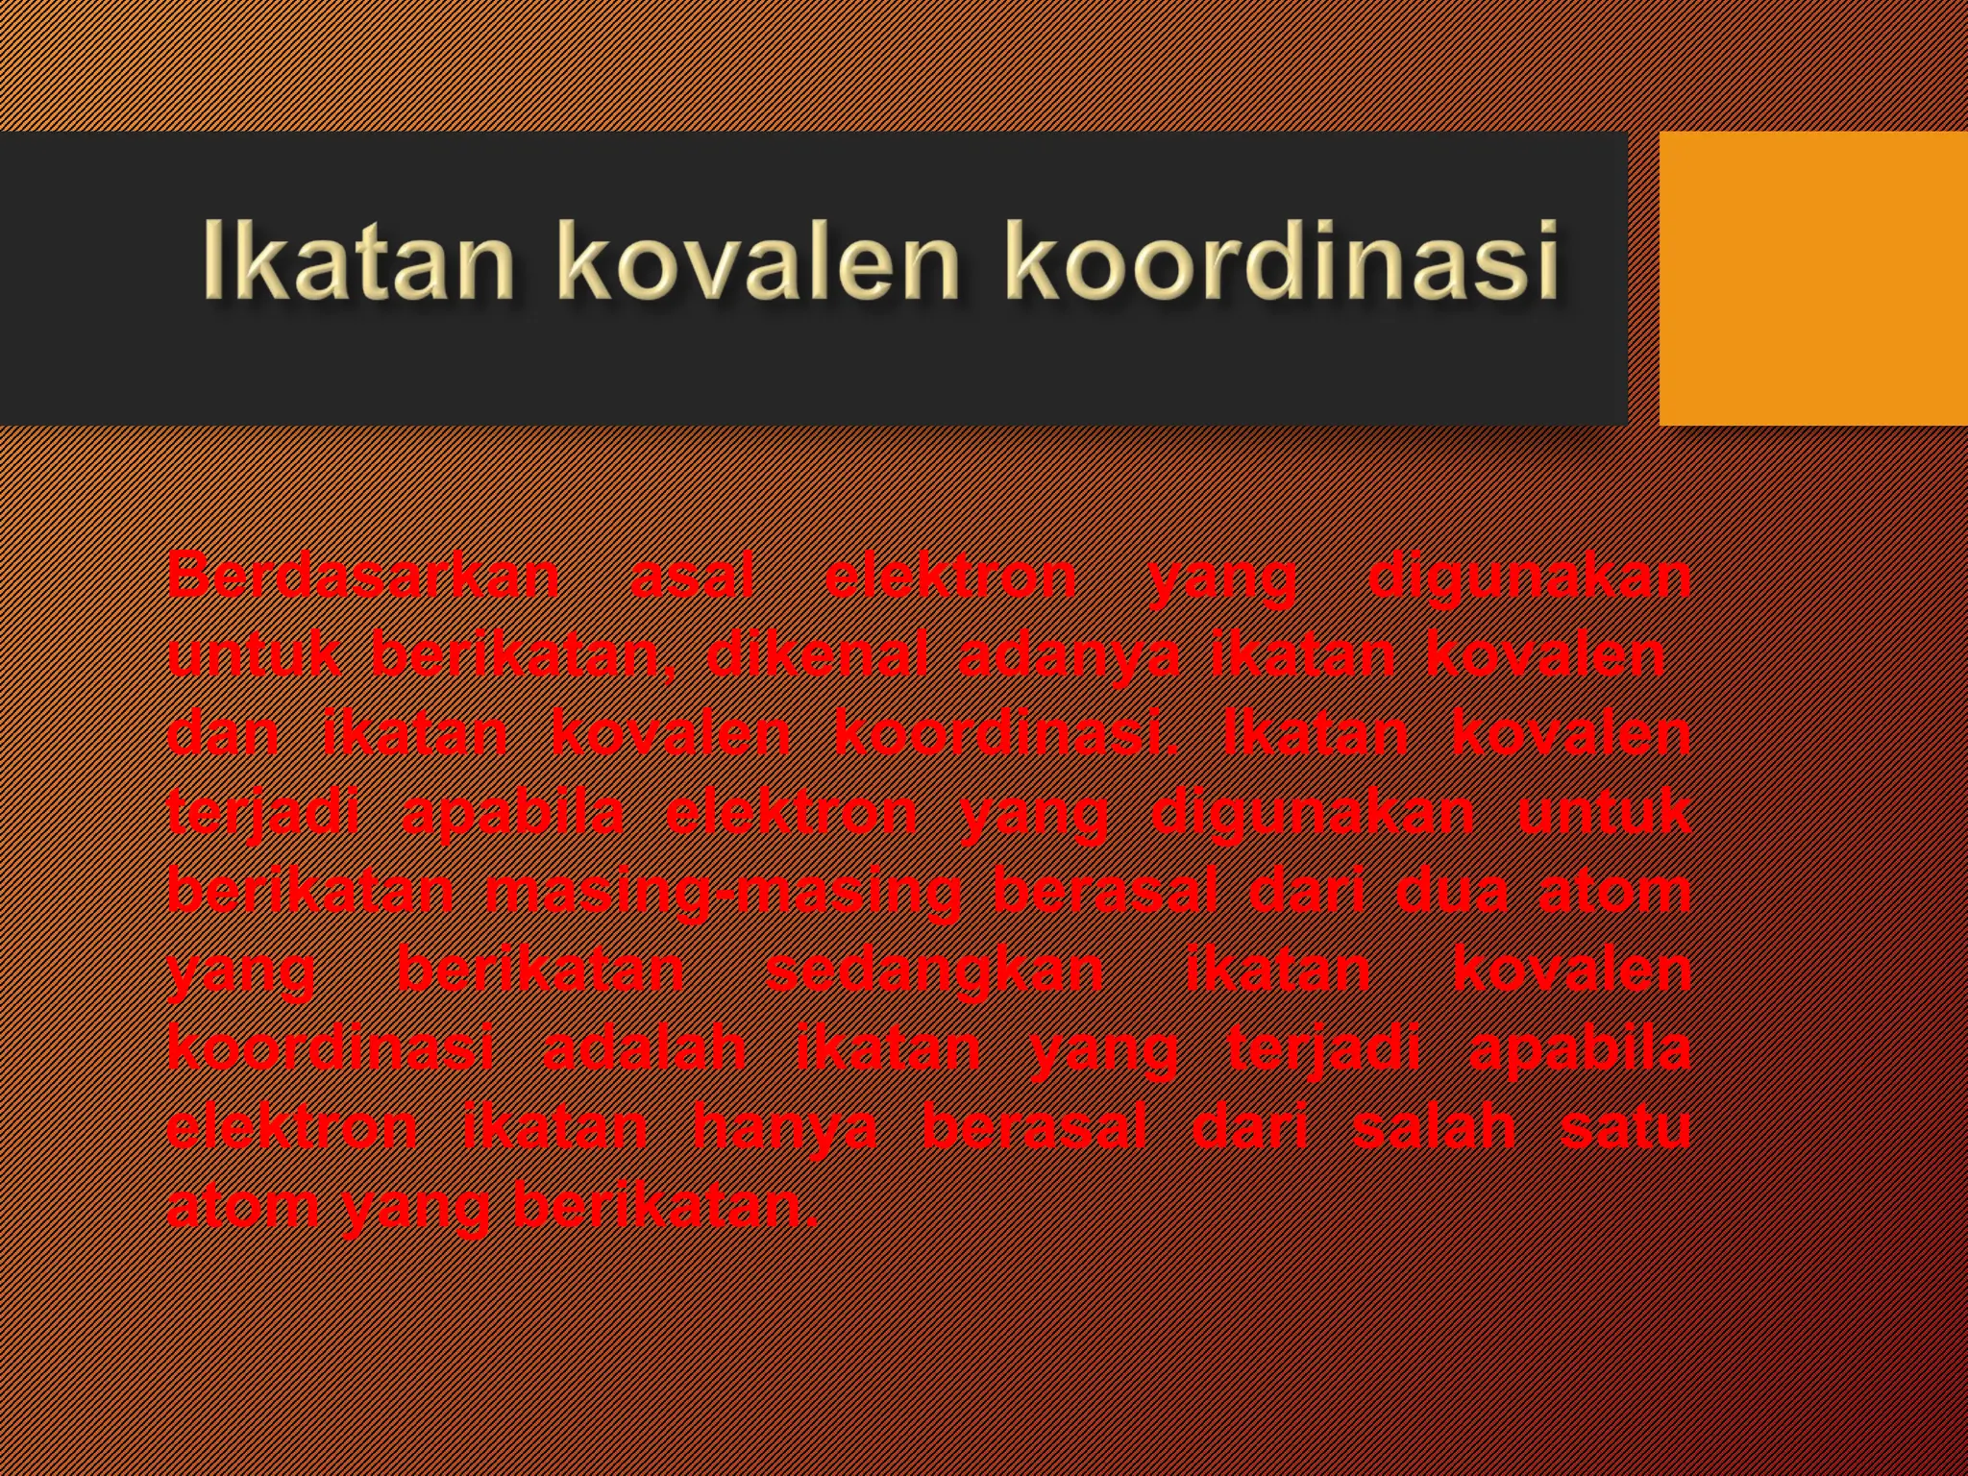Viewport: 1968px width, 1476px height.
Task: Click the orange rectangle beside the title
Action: (x=1812, y=279)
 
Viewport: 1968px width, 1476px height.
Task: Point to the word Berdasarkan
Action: (x=363, y=577)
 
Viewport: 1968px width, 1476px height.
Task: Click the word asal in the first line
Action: (x=692, y=577)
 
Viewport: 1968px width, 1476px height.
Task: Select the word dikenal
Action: (x=817, y=655)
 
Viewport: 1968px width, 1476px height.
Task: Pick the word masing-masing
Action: (x=723, y=892)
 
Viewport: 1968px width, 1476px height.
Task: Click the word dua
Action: (x=1451, y=890)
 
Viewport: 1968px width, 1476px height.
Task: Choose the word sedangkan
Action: (x=934, y=971)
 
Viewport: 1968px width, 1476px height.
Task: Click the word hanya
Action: (x=785, y=1128)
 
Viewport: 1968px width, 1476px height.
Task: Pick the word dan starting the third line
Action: (x=223, y=734)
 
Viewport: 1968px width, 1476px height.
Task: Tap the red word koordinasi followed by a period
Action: (x=1005, y=734)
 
